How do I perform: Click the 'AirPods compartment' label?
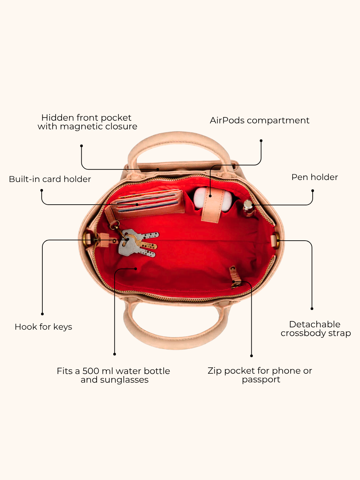click(259, 120)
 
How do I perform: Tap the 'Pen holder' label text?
click(315, 177)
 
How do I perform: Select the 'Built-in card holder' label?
click(50, 179)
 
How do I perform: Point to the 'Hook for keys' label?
click(43, 327)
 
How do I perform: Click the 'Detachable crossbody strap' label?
click(316, 329)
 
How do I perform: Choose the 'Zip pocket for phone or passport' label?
click(260, 375)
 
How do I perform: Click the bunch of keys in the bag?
click(138, 243)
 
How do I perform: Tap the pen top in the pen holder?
click(248, 204)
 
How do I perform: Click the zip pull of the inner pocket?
click(235, 277)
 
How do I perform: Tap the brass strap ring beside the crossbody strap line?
click(277, 241)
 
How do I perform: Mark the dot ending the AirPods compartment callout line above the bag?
click(261, 141)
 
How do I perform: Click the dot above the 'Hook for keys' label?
click(42, 314)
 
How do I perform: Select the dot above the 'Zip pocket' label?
click(251, 356)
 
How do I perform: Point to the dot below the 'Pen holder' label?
click(313, 191)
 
